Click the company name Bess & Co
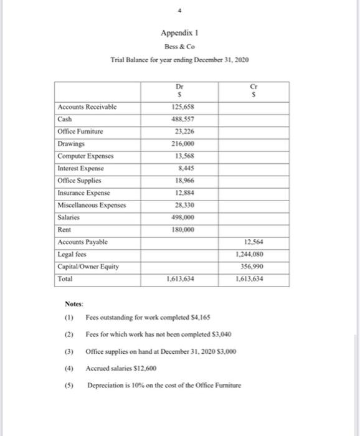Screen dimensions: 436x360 coord(179,47)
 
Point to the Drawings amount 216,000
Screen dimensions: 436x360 coord(181,143)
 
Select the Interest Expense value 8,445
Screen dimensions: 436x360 coord(182,168)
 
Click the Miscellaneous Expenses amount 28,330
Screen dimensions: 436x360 coord(181,205)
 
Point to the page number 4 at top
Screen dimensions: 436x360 coord(180,11)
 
